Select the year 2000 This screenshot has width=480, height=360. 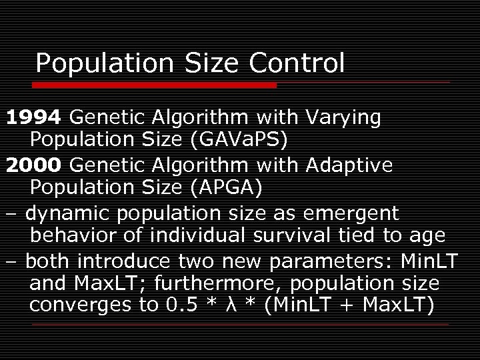[x=34, y=165]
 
